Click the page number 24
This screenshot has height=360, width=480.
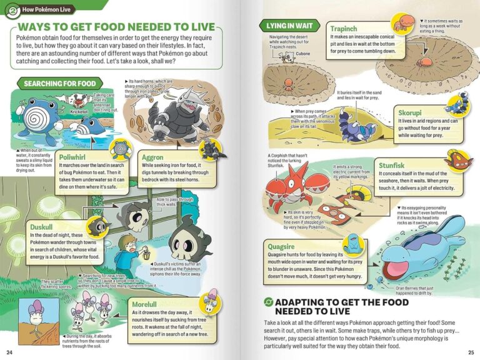click(x=9, y=352)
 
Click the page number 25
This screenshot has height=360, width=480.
click(x=471, y=352)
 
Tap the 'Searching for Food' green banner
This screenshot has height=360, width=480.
click(x=60, y=83)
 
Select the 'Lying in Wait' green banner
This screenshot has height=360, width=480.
click(x=289, y=26)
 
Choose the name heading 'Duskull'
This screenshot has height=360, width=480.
click(x=44, y=226)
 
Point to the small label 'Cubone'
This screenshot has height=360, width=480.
click(x=302, y=54)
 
